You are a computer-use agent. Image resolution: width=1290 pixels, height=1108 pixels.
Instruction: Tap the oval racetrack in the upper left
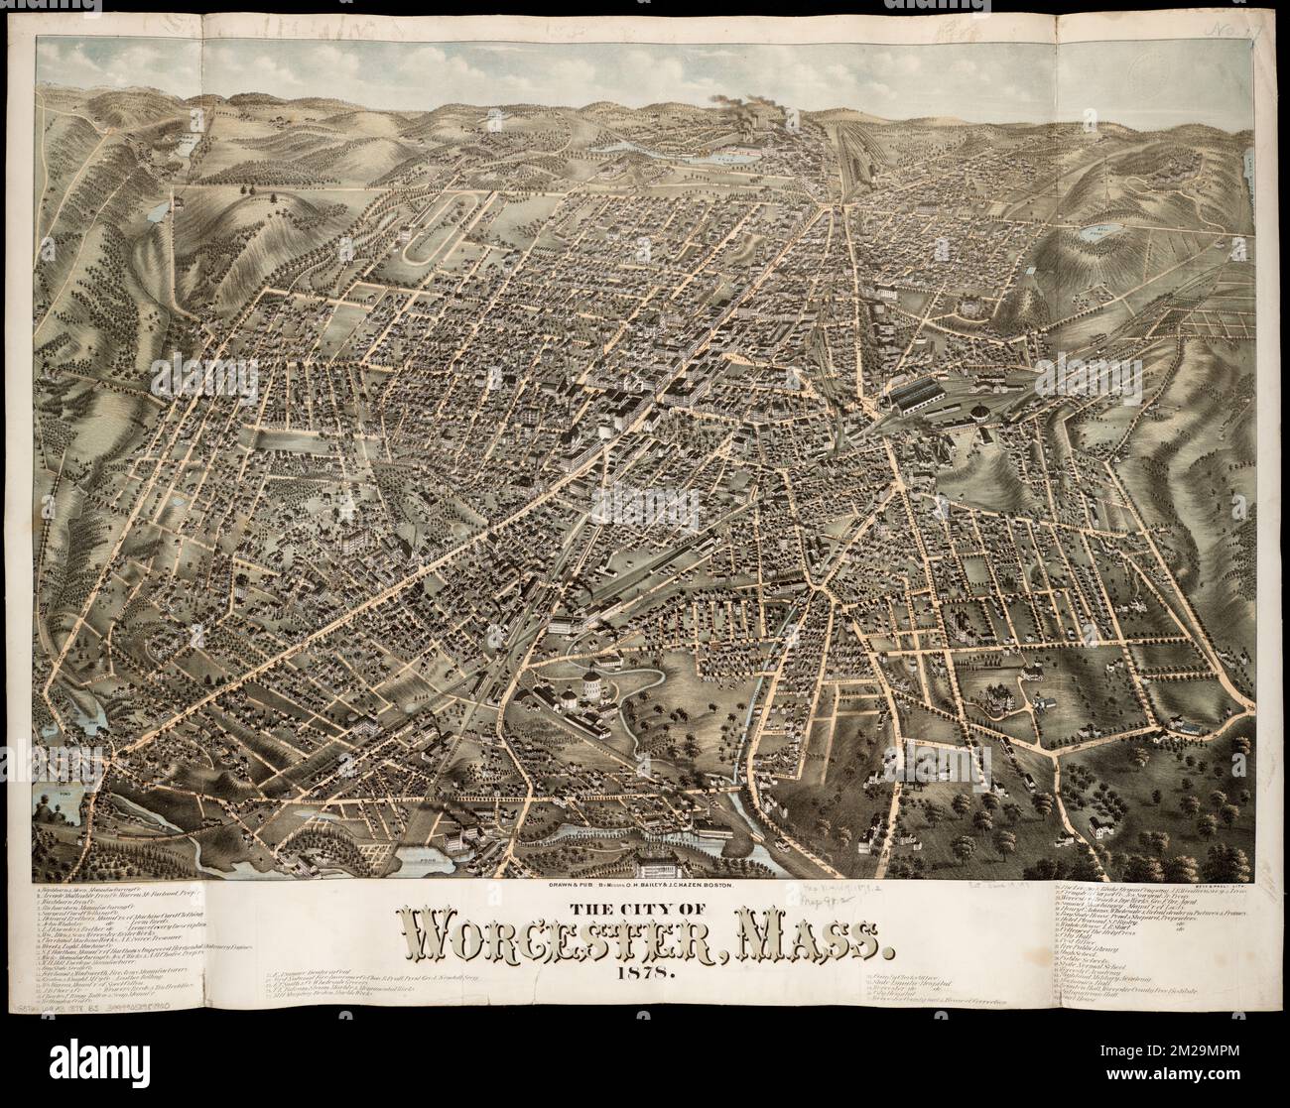tap(430, 225)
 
